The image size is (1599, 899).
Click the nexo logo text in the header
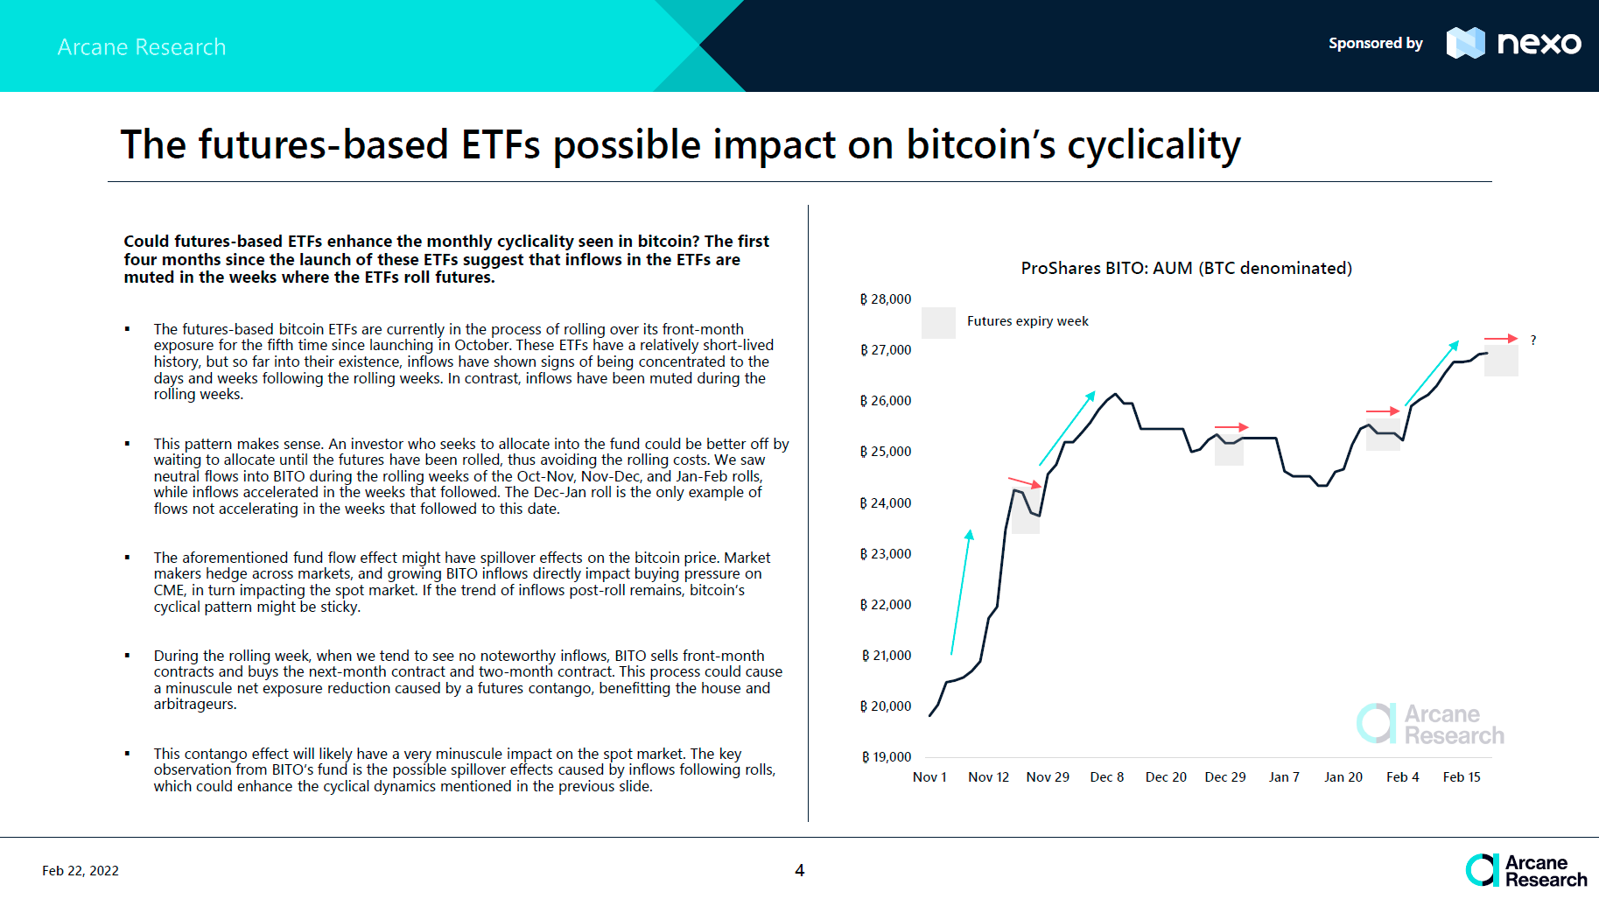point(1539,43)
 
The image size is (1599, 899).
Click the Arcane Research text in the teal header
point(142,47)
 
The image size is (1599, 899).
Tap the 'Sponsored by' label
point(1375,44)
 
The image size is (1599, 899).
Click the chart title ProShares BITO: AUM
point(1186,269)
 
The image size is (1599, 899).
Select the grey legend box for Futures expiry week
point(938,322)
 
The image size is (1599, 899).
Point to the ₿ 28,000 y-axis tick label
point(886,299)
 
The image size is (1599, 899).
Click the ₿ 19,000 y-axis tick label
point(886,757)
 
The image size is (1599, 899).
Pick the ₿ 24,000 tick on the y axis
point(886,503)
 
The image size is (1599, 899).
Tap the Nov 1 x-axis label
point(929,777)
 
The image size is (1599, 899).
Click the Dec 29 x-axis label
point(1224,777)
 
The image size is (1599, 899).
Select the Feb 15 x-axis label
point(1462,777)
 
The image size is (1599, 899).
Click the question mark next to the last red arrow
point(1533,341)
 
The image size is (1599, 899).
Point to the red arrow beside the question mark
point(1500,339)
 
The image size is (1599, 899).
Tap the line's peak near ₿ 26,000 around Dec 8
point(1115,395)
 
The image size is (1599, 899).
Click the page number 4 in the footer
point(799,870)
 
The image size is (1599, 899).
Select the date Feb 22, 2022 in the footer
point(81,871)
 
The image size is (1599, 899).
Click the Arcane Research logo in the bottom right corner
point(1526,871)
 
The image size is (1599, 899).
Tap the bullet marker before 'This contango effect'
point(128,754)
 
